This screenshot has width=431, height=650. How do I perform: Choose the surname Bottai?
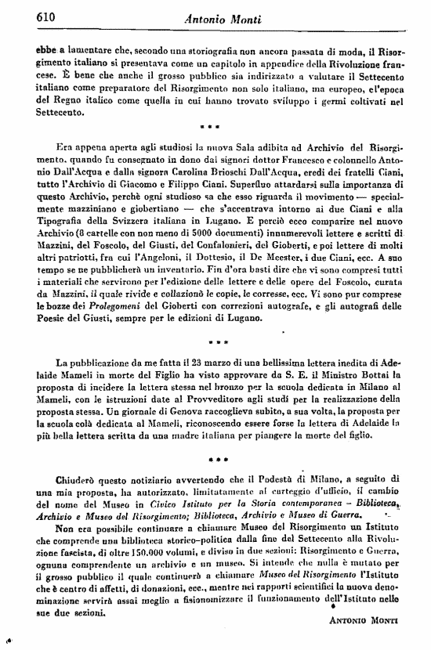(x=368, y=376)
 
